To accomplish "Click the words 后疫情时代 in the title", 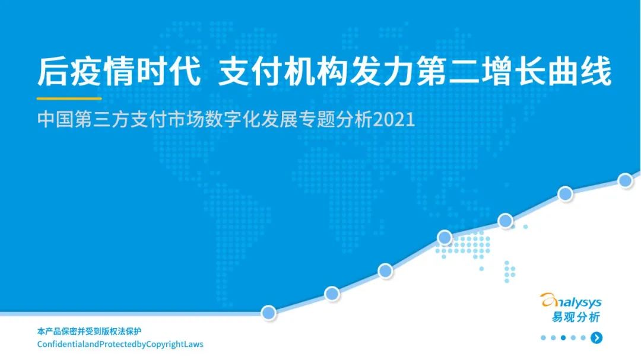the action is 119,72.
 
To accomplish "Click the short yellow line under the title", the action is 69,98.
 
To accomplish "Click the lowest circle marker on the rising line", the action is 269,313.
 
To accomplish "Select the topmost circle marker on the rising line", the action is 625,180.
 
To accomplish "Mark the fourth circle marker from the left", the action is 445,237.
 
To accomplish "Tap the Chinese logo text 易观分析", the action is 576,317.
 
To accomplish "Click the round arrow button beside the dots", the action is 596,337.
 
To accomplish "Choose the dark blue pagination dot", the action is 563,337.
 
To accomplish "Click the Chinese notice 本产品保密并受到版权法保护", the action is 89,331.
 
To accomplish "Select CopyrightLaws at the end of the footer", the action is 174,345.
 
